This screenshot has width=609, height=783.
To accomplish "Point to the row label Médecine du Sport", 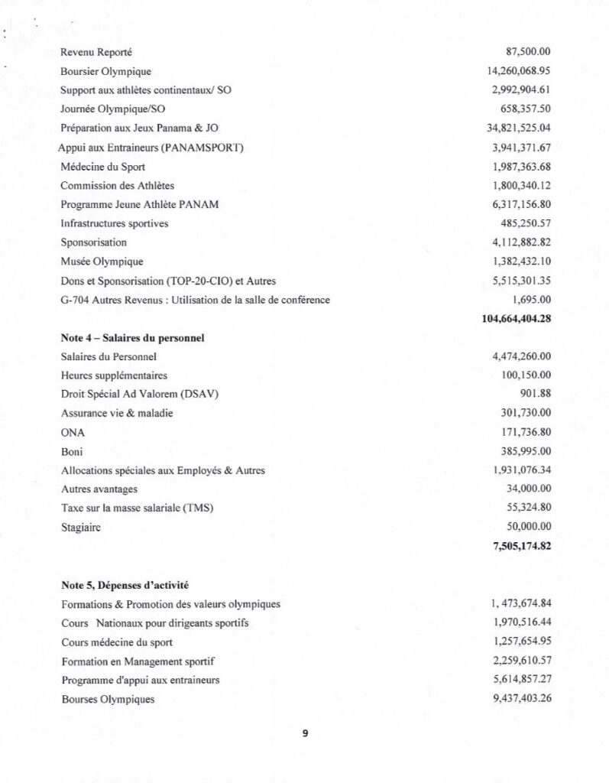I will coord(102,167).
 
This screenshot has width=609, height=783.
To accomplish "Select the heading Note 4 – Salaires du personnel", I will coord(131,338).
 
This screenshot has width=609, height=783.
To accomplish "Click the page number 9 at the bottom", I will coord(305,733).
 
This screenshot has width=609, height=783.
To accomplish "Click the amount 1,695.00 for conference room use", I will coord(533,300).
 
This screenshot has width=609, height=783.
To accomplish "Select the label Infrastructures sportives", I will coord(115,223).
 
